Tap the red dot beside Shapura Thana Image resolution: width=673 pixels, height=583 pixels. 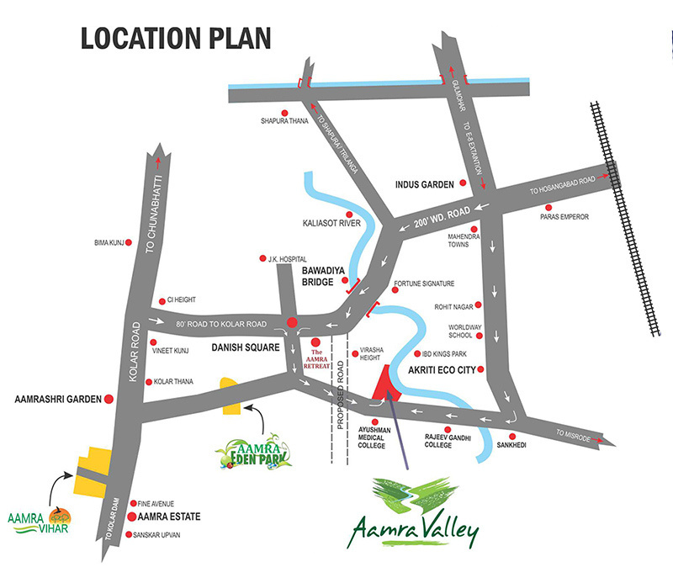[284, 113]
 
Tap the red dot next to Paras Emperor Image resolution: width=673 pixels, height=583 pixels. [548, 207]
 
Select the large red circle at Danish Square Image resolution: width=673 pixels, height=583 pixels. [292, 321]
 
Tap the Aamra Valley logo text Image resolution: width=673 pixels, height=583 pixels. [416, 531]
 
